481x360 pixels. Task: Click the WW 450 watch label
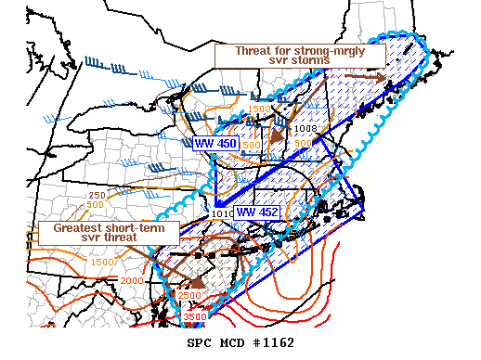215,144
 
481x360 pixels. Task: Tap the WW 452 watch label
257,212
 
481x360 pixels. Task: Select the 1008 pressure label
306,128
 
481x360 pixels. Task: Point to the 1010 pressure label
222,214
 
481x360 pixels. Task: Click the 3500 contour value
194,317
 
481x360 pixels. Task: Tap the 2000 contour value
132,280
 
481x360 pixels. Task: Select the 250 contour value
96,195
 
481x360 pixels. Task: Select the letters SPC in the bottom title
200,343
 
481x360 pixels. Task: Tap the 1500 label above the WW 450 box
260,109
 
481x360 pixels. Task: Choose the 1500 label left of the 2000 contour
102,263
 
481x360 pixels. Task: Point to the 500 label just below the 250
96,204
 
